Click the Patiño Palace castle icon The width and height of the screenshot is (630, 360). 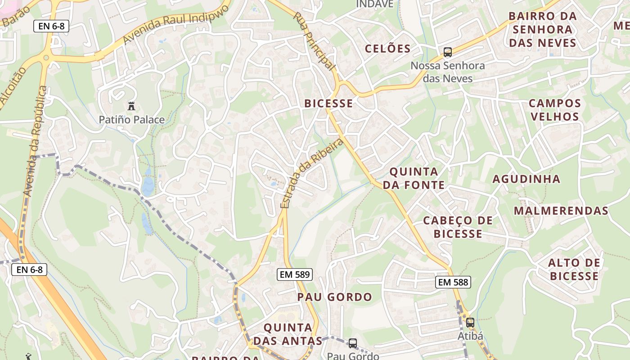click(x=131, y=106)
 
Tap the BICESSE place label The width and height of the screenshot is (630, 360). click(x=328, y=103)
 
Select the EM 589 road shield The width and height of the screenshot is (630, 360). click(x=294, y=274)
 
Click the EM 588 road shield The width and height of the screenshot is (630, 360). click(x=453, y=282)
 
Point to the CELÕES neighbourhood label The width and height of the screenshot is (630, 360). click(x=388, y=49)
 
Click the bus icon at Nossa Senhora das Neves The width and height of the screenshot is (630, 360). click(x=447, y=52)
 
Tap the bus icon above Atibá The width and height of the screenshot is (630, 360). click(x=470, y=323)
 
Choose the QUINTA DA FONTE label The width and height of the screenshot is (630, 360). click(x=414, y=178)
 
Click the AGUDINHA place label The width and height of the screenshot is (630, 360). click(x=526, y=179)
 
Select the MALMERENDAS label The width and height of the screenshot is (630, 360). click(x=561, y=211)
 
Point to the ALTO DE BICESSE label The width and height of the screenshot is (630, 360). click(x=574, y=269)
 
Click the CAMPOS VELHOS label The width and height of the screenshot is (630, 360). click(x=554, y=110)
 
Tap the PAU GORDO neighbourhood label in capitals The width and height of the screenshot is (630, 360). click(x=334, y=297)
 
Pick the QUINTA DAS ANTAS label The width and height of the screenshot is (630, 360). click(x=288, y=334)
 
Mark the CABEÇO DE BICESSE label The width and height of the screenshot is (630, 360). click(x=458, y=227)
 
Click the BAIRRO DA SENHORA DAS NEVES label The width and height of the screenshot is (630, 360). click(x=542, y=30)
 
